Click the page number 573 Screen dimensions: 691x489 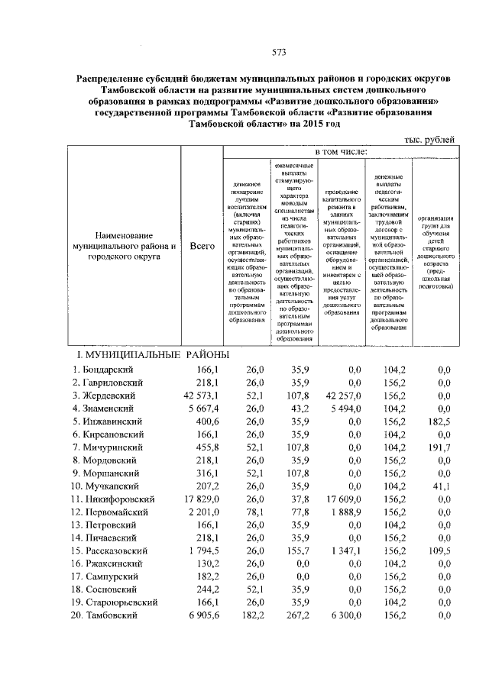pyautogui.click(x=279, y=52)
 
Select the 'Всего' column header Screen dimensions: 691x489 pyautogui.click(x=201, y=247)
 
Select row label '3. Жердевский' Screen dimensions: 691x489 pyautogui.click(x=104, y=396)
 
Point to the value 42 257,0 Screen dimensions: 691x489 pyautogui.click(x=342, y=396)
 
